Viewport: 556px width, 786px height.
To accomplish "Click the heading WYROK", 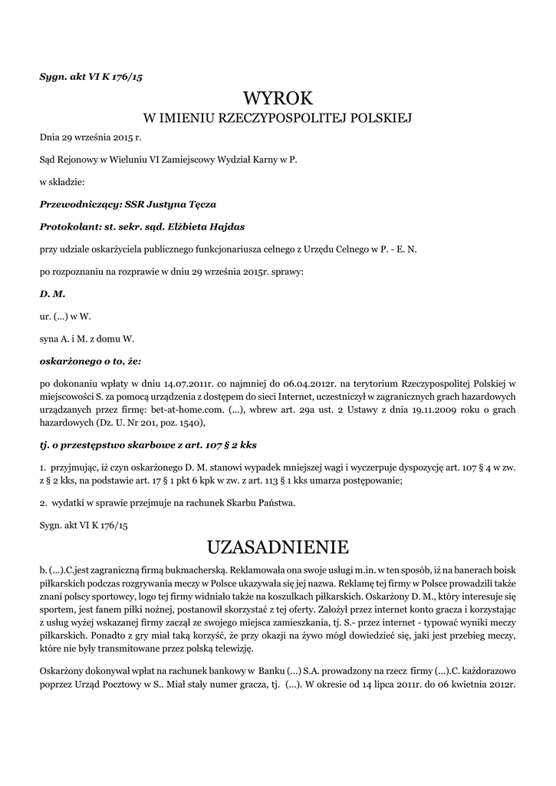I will point(278,98).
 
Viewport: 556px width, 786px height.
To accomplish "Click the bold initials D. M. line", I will point(52,293).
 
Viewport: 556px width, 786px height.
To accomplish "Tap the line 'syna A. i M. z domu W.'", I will point(90,338).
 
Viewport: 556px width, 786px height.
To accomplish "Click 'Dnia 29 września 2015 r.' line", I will point(90,137).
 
